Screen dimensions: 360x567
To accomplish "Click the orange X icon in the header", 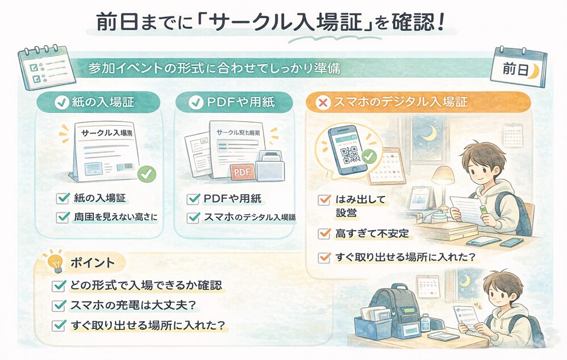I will [323, 103].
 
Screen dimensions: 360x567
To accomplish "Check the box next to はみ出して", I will [324, 200].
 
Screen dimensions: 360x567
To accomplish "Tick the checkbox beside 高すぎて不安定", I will [324, 233].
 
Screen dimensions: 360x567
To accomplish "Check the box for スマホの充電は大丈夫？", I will [59, 305].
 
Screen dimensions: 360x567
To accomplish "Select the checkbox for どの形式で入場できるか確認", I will [59, 286].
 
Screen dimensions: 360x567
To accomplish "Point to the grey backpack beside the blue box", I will [394, 307].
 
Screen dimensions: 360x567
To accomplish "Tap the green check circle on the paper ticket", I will [148, 174].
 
